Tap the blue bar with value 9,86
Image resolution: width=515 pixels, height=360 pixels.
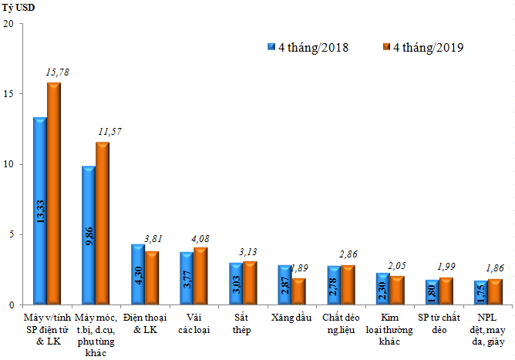(x=89, y=234)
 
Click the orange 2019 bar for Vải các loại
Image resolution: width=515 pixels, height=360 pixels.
(x=200, y=275)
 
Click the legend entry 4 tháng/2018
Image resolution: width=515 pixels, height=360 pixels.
(x=308, y=47)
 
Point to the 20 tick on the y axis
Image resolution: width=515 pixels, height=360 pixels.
(x=8, y=23)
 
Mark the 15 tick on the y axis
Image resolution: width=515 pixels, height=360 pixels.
(x=8, y=93)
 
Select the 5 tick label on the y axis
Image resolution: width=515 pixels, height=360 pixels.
(x=11, y=234)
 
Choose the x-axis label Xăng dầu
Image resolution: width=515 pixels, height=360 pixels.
(x=289, y=318)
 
